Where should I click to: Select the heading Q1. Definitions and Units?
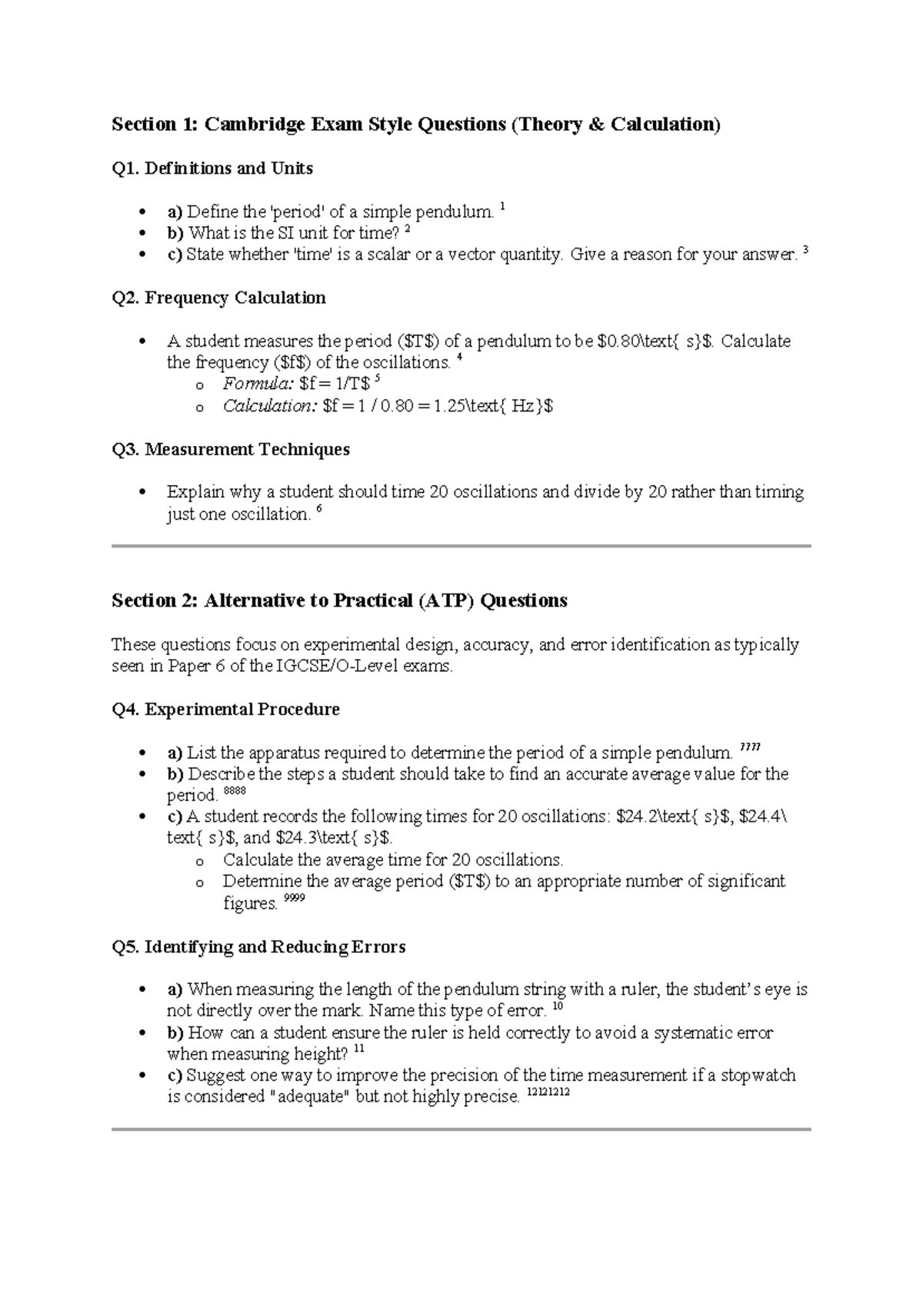pyautogui.click(x=212, y=168)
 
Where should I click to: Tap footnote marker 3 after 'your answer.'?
pyautogui.click(x=805, y=250)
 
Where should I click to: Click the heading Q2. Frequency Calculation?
pyautogui.click(x=218, y=298)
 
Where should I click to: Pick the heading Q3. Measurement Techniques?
pyautogui.click(x=231, y=450)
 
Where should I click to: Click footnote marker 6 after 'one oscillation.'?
pyautogui.click(x=320, y=510)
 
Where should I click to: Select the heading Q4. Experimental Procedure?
pyautogui.click(x=225, y=710)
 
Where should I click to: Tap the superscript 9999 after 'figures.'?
pyautogui.click(x=295, y=899)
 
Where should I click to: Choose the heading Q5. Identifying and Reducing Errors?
pyautogui.click(x=258, y=947)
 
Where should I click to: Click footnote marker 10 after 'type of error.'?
pyautogui.click(x=558, y=1006)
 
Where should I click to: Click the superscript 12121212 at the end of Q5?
pyautogui.click(x=548, y=1093)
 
